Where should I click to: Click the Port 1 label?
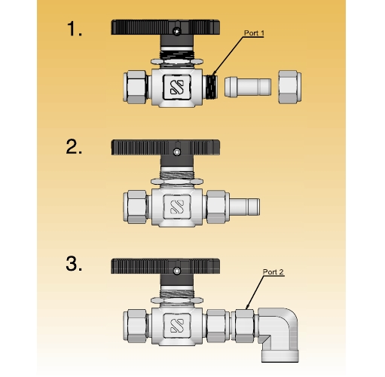coord(254,33)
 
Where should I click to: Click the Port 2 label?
coord(273,271)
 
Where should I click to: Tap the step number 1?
coord(75,29)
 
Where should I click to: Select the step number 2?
coord(74,146)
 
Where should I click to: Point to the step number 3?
coord(74,263)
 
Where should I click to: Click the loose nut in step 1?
coord(290,87)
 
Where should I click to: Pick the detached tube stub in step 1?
coord(248,87)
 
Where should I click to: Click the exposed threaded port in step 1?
coord(212,87)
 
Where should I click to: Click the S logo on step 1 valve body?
coord(177,87)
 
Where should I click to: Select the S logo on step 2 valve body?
coord(177,207)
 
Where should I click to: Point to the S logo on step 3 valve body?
coord(177,326)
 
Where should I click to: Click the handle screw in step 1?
coord(176,32)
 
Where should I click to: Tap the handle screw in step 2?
coord(177,152)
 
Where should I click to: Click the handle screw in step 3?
coord(177,271)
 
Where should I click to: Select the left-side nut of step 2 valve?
coord(136,207)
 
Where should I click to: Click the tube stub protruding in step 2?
coord(245,207)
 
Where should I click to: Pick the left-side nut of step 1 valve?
coord(136,87)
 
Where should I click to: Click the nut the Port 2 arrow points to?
coord(243,326)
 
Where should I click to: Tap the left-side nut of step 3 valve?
coord(136,326)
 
